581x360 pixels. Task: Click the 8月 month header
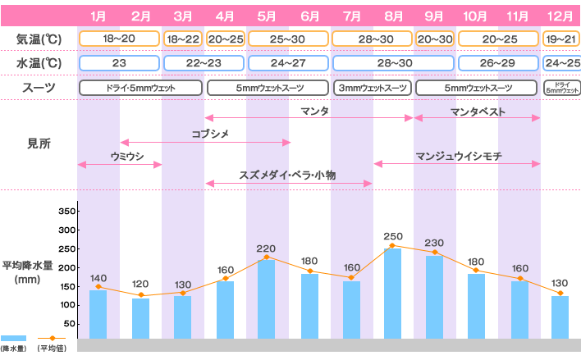(x=393, y=15)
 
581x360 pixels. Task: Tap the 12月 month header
(x=560, y=15)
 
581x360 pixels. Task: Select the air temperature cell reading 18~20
(x=120, y=39)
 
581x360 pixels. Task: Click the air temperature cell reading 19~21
(x=561, y=39)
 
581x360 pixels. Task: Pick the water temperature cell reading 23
(x=120, y=63)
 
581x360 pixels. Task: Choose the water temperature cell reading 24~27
(x=288, y=63)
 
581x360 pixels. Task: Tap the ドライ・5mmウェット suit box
(x=140, y=88)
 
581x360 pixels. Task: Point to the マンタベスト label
(x=478, y=112)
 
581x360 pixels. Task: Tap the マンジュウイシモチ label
(x=458, y=155)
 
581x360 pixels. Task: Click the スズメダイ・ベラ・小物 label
(x=288, y=174)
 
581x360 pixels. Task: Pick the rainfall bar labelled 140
(x=98, y=314)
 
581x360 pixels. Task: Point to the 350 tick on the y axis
(x=67, y=211)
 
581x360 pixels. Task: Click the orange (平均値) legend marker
(x=52, y=337)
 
